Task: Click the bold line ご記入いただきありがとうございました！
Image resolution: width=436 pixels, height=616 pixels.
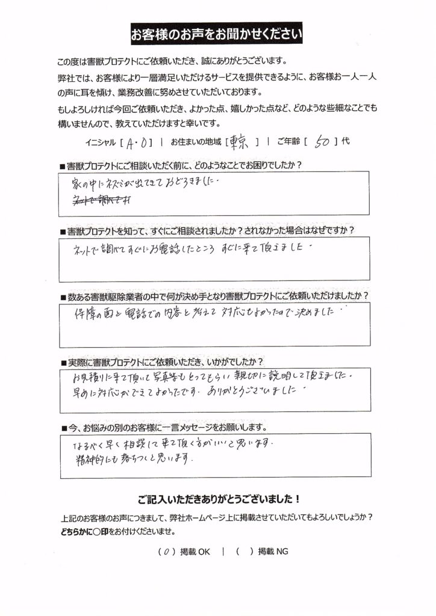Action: tap(217, 499)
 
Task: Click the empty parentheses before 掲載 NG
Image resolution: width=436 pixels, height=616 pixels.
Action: tap(243, 550)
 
